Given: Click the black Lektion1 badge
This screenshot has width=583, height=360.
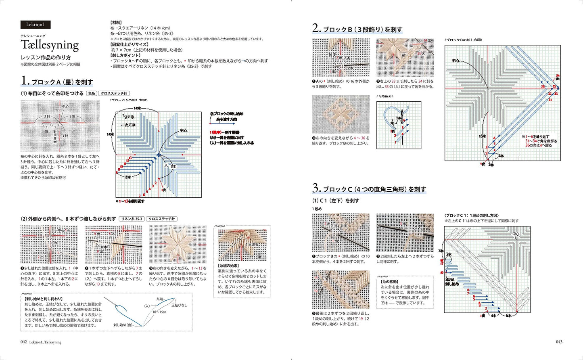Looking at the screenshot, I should coord(36,25).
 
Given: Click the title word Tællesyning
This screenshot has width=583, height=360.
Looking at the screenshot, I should coord(50,45).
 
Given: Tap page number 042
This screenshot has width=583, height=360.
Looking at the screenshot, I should coord(24,342).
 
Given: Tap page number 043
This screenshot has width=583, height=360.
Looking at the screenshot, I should coord(559,342).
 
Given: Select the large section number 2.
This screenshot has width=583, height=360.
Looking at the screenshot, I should coord(316,28).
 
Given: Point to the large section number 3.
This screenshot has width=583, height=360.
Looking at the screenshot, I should coord(316,188).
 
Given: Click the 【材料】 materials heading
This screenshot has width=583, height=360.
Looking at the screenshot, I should coord(116,23).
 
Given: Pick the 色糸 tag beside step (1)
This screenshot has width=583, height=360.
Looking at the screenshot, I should coord(92,94).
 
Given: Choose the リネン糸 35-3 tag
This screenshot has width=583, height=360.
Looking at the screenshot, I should coord(132,219).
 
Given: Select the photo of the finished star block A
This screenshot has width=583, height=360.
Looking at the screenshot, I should coord(178,244).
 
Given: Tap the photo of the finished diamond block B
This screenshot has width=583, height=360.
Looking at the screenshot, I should coord(341,114).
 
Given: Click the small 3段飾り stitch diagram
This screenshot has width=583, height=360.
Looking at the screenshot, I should coord(399,125).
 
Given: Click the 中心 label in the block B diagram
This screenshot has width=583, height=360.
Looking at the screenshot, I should coord(456,61).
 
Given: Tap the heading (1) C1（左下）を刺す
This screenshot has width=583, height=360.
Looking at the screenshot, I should coord(336,201).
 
